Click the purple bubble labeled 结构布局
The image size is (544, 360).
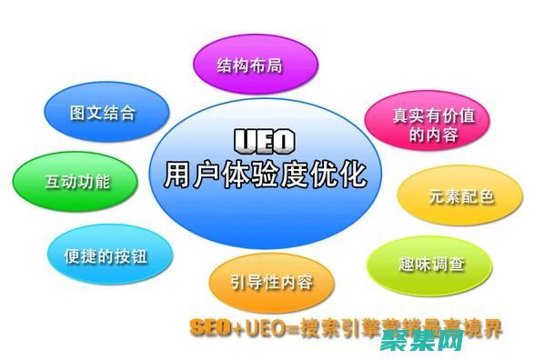pos(257,65)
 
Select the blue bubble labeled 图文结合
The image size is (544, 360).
pos(106,113)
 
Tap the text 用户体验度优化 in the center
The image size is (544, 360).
pos(265,173)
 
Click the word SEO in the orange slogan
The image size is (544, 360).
pos(211,328)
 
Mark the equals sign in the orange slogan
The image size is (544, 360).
pos(289,328)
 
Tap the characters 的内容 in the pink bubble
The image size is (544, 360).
pos(433,136)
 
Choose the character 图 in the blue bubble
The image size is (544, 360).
pos(79,113)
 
